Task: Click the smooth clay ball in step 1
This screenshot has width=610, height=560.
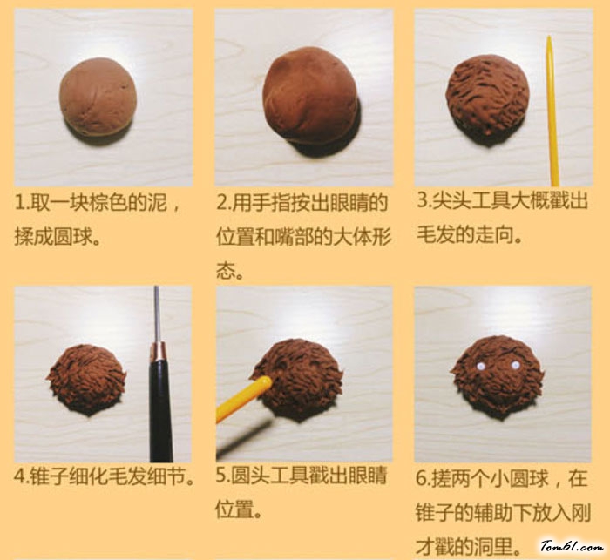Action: (x=98, y=97)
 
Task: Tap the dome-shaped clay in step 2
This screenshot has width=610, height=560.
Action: (x=310, y=96)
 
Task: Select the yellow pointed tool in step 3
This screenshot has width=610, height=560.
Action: (x=552, y=111)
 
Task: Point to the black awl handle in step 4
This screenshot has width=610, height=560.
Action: (x=160, y=404)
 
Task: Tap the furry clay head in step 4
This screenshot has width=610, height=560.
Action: (x=87, y=379)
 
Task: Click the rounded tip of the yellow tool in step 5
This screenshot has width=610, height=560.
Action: (x=265, y=382)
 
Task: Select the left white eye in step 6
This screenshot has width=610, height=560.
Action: (x=481, y=366)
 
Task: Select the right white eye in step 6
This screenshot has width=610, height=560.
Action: (x=515, y=366)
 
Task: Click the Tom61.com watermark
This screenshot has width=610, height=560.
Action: (x=572, y=547)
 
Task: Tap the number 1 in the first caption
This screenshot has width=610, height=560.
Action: (x=18, y=203)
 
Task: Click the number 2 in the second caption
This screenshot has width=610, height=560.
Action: (x=221, y=203)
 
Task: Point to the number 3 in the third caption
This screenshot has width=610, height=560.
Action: (x=423, y=200)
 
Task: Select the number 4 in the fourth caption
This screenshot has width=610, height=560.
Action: (x=19, y=476)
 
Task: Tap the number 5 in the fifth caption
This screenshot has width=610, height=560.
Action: (x=221, y=476)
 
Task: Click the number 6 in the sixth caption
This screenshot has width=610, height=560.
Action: (x=422, y=479)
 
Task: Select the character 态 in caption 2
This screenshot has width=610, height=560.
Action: (x=225, y=270)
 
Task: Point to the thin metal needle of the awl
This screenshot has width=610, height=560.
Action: (x=156, y=314)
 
